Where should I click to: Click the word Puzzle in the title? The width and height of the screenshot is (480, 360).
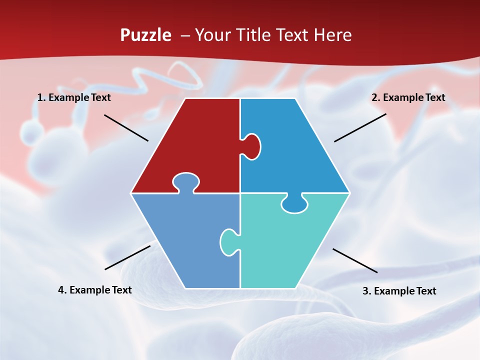coord(145,35)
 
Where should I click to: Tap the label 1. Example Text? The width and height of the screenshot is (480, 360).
coord(74,98)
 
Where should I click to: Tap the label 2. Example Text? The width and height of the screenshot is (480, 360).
coord(408,98)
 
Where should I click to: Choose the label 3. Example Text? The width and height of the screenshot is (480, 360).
coord(399,291)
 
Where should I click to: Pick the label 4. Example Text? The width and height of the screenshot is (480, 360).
coord(95,290)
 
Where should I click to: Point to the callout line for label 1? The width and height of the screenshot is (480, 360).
coord(126,127)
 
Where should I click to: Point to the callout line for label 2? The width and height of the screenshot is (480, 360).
coord(360,127)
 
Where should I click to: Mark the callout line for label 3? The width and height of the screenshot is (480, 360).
coord(355,260)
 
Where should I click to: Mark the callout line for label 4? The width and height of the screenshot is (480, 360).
coord(127,257)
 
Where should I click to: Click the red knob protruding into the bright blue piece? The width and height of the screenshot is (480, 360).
coord(252,146)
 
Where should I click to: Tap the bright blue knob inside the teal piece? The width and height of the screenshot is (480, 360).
coord(294,204)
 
